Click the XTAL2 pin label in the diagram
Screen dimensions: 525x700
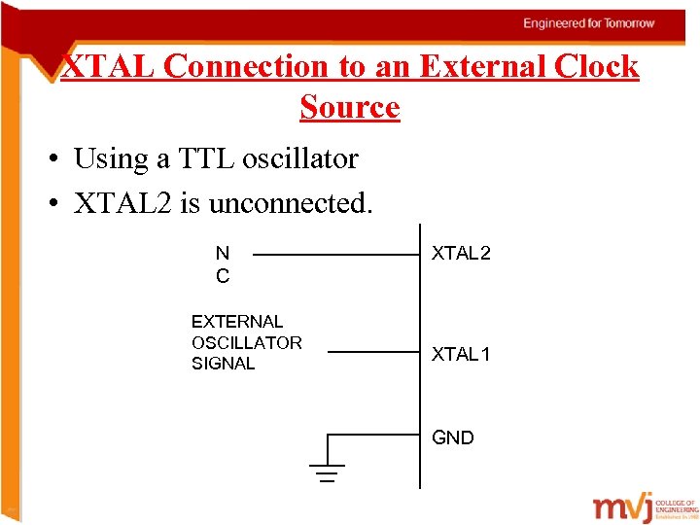point(461,254)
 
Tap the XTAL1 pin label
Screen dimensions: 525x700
point(461,354)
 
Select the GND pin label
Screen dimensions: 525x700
point(453,438)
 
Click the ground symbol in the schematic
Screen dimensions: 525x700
point(328,472)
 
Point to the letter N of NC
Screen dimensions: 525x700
point(223,254)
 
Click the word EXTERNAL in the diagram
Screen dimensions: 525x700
point(237,321)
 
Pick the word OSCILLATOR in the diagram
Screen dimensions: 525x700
point(247,342)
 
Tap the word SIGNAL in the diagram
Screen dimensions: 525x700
point(224,364)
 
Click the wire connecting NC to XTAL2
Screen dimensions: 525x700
point(334,255)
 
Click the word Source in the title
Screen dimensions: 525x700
point(350,106)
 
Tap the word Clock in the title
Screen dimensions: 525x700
point(597,66)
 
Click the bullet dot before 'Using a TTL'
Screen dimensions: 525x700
point(56,158)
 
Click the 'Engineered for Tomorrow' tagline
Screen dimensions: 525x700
point(589,23)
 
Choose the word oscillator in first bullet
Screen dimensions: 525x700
point(314,157)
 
